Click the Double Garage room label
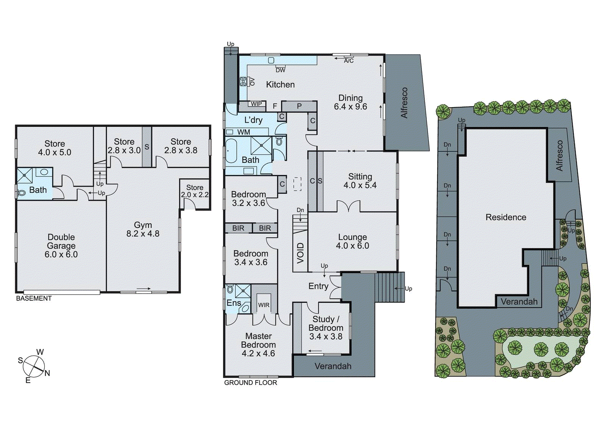(61, 246)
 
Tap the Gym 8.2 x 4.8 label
(143, 229)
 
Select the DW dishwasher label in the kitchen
(280, 70)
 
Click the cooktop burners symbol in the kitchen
(243, 81)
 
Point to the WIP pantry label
(256, 104)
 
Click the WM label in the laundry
(244, 132)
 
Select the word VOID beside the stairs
(300, 253)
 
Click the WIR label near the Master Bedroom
(264, 305)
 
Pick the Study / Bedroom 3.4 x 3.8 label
(326, 328)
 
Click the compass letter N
(47, 374)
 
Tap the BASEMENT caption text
(34, 299)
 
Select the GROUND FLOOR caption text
(250, 383)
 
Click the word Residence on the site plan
(506, 217)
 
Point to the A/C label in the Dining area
(348, 61)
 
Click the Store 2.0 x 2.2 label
(195, 191)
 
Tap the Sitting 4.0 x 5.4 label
(360, 181)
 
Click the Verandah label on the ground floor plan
(333, 366)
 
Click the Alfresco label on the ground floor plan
(404, 103)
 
